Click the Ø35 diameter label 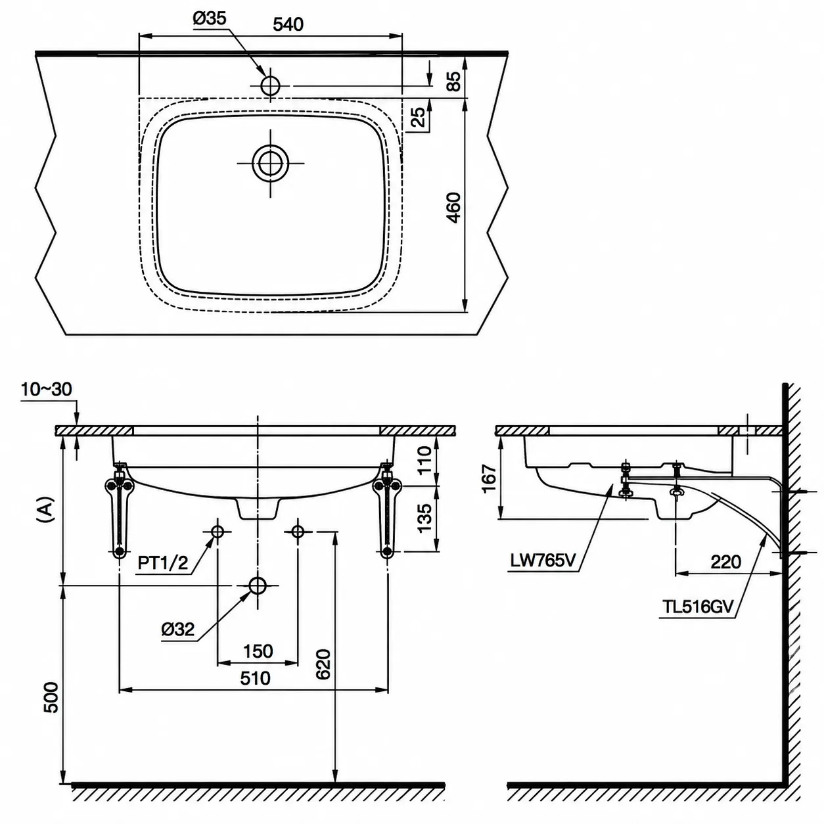pos(209,19)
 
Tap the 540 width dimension pos(288,24)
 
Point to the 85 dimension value pos(455,81)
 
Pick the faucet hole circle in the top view pos(270,85)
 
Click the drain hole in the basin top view pos(270,163)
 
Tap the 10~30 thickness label pos(46,390)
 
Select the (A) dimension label pos(45,509)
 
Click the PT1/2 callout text pos(163,563)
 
